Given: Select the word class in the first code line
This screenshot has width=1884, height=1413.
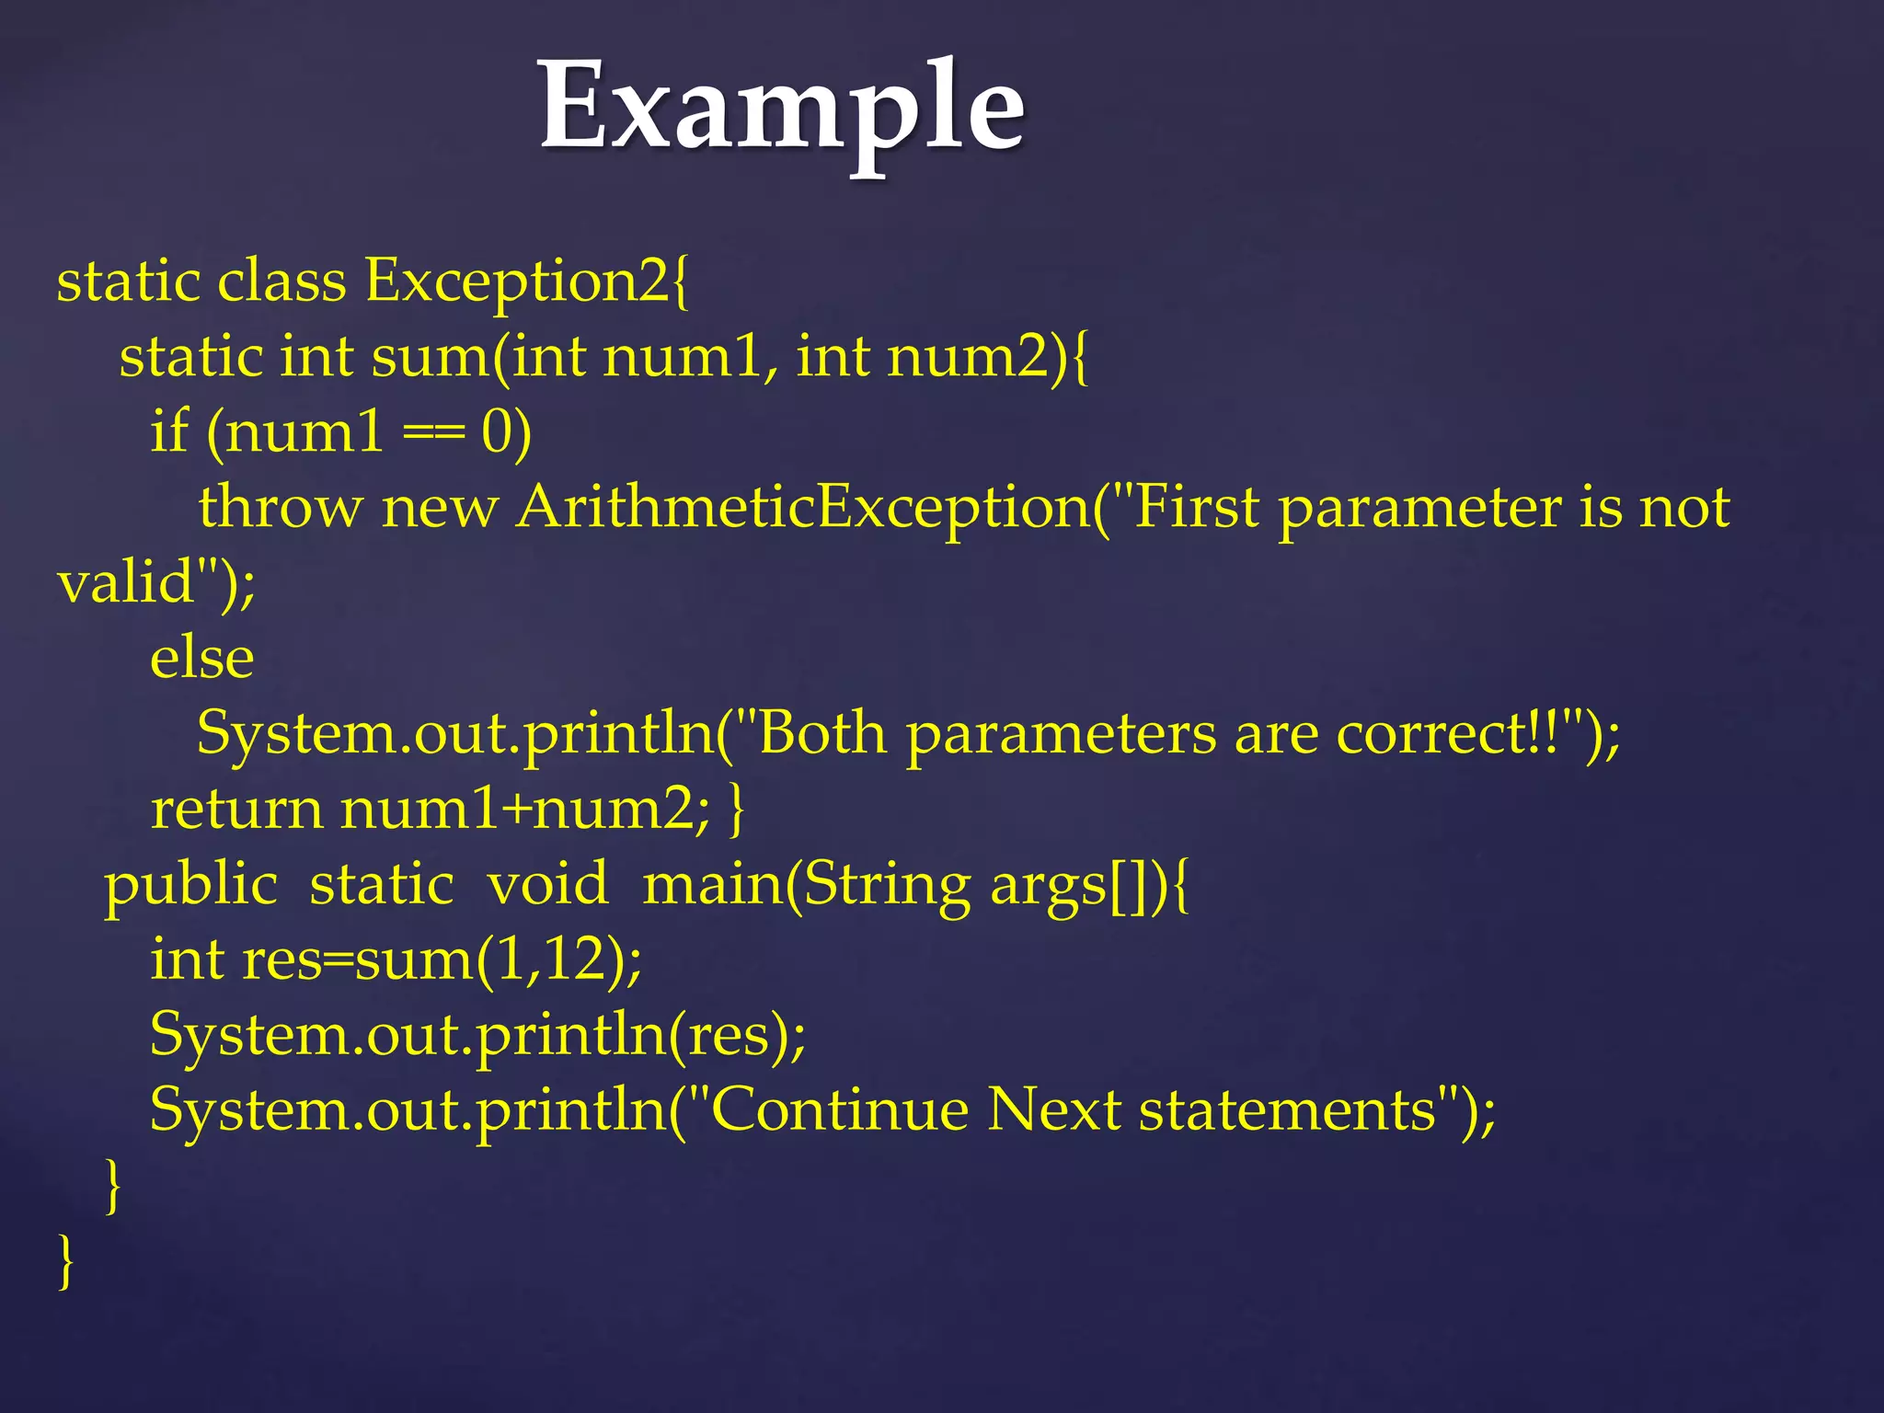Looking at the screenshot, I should click(281, 281).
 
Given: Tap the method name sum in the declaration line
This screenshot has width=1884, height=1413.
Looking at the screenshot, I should click(431, 356).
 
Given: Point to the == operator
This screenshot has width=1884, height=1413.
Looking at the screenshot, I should click(432, 432).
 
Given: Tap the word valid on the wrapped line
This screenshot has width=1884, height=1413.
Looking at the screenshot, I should click(125, 581).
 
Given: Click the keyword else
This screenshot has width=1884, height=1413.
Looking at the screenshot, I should click(202, 658).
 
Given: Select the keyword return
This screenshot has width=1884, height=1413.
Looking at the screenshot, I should click(236, 810).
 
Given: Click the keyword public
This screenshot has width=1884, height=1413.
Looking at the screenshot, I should click(190, 885).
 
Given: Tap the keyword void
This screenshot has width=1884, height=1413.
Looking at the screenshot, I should click(547, 885).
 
